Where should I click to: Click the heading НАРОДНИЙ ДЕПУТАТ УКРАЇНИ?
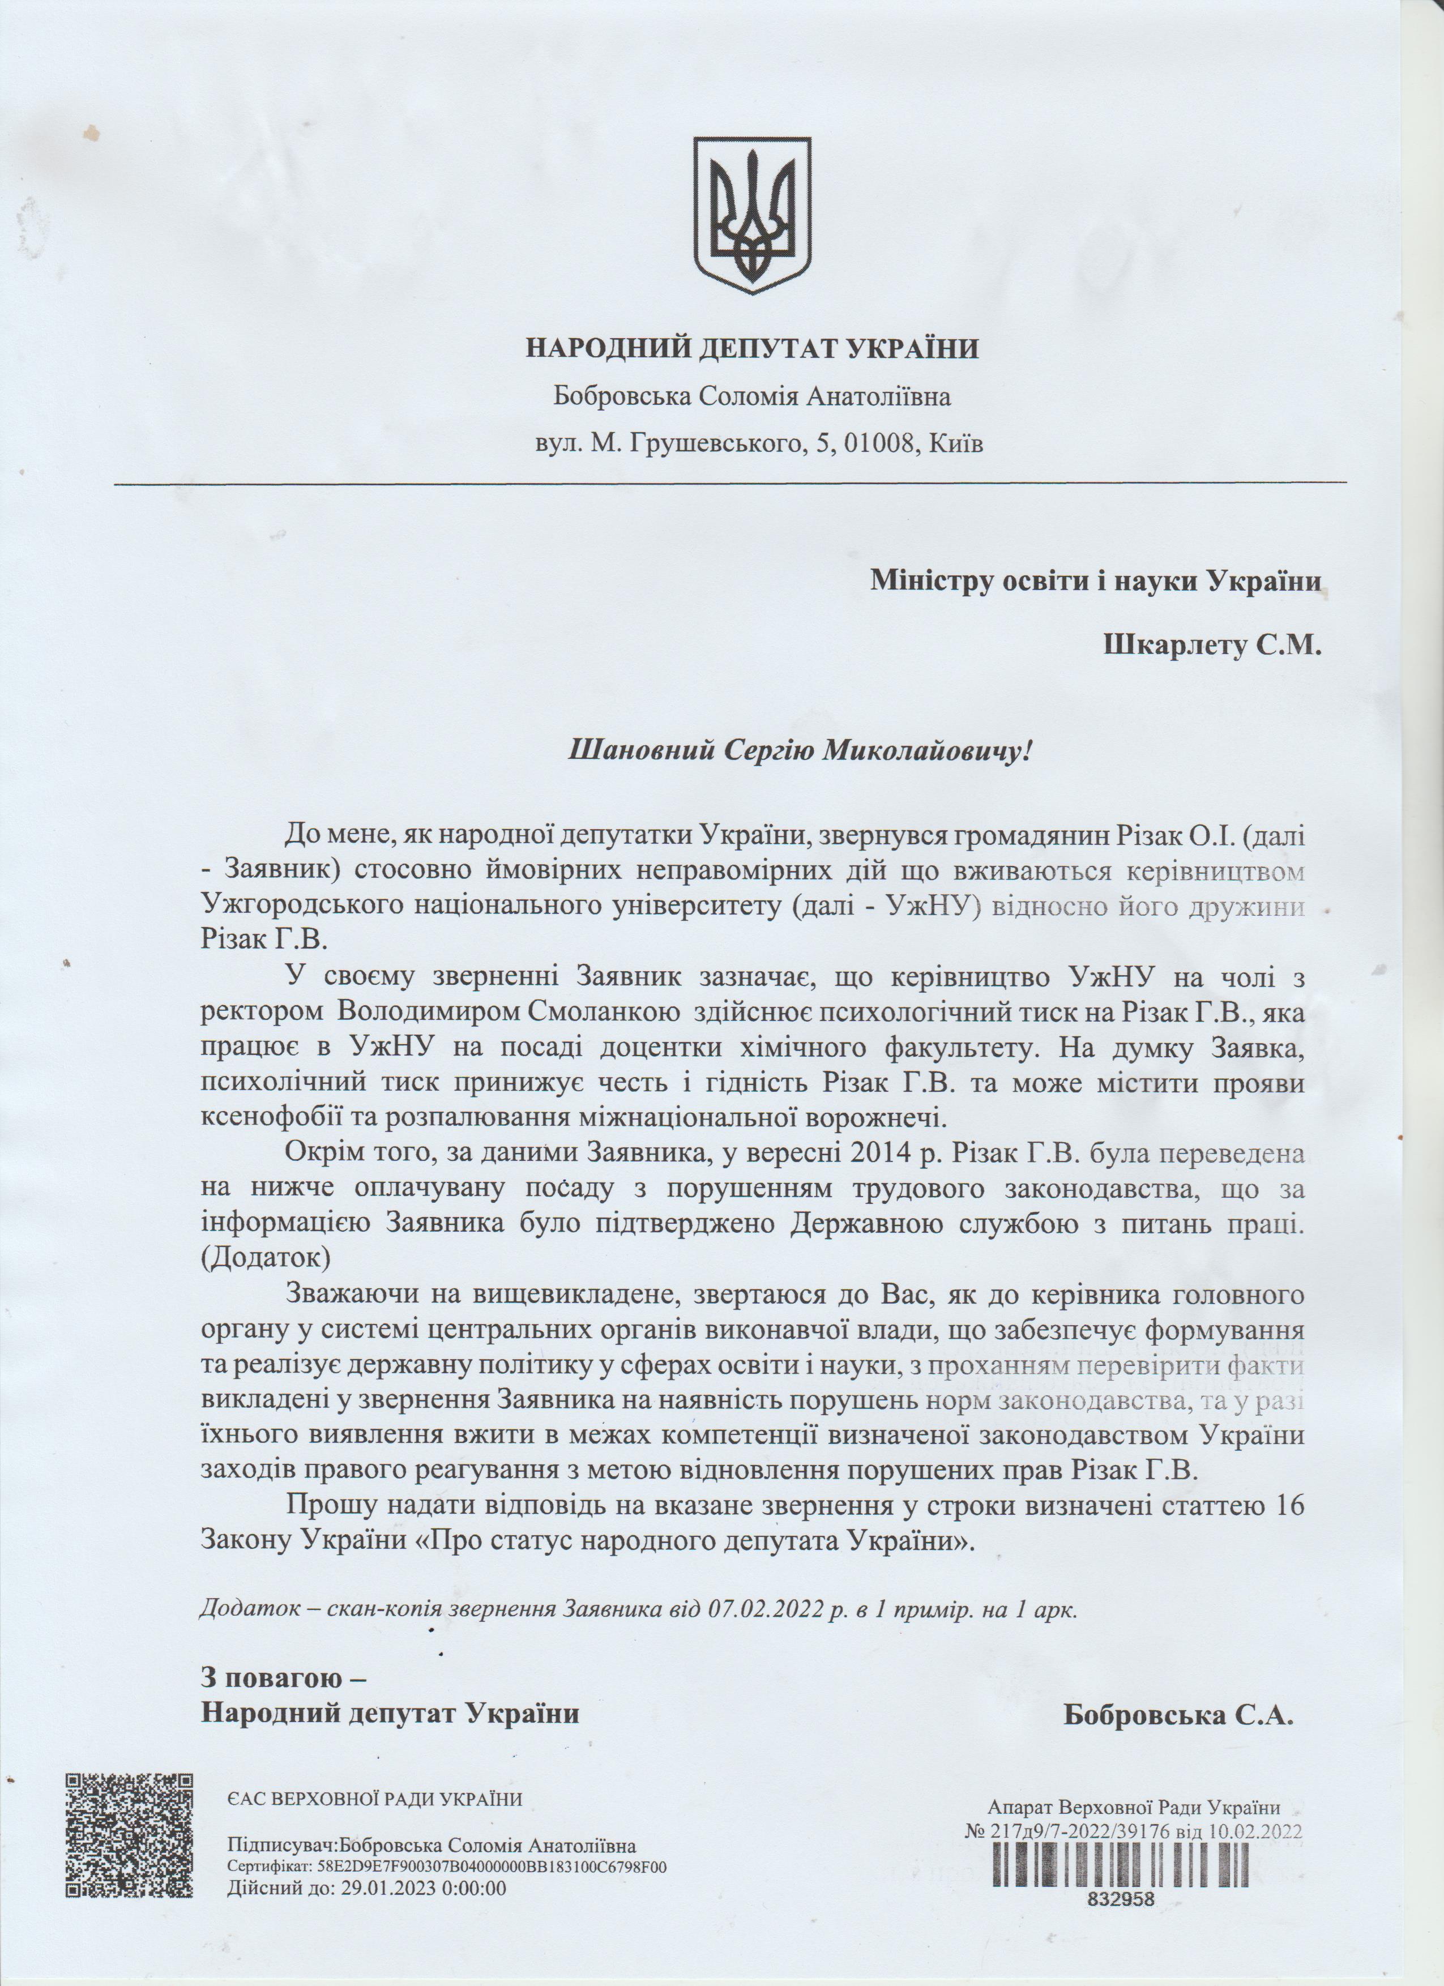point(752,348)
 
